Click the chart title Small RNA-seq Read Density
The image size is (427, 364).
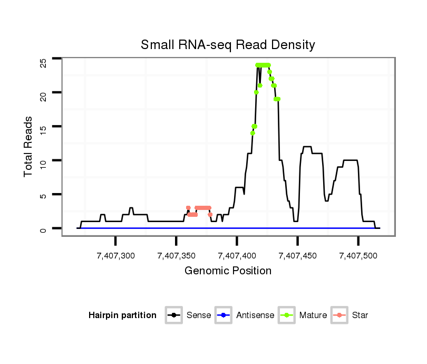tap(228, 45)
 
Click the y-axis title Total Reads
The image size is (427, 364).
tap(30, 147)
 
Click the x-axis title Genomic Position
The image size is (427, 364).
tap(228, 271)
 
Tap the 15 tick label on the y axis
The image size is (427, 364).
tap(43, 128)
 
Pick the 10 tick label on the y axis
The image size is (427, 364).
tap(43, 161)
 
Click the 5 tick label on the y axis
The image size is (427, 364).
tap(43, 196)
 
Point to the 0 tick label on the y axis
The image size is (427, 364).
tap(43, 229)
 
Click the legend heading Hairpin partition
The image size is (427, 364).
tap(122, 315)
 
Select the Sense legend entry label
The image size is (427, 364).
tap(199, 315)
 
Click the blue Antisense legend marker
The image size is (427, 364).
tap(223, 315)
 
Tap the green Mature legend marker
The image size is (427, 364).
tap(286, 315)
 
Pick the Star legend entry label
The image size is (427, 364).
tap(360, 315)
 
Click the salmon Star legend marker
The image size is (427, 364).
tap(339, 315)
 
